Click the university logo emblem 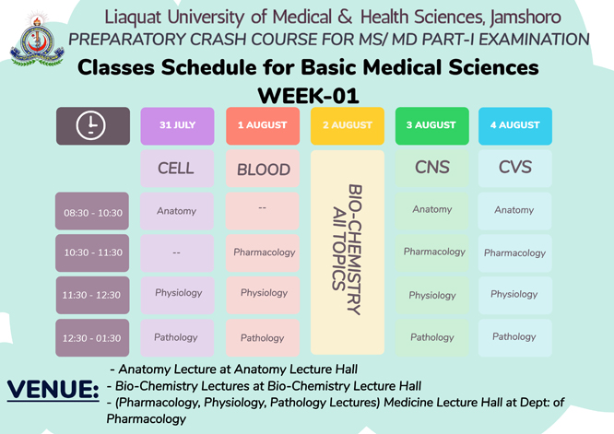pyautogui.click(x=37, y=39)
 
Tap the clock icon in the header pyautogui.click(x=90, y=125)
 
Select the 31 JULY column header pyautogui.click(x=177, y=126)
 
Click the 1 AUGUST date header pyautogui.click(x=263, y=126)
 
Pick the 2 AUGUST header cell pyautogui.click(x=348, y=126)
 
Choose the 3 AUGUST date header pyautogui.click(x=431, y=126)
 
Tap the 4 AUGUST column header pyautogui.click(x=515, y=126)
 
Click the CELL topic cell pyautogui.click(x=177, y=169)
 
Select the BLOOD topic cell pyautogui.click(x=263, y=169)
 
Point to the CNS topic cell pyautogui.click(x=431, y=169)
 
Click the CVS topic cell pyautogui.click(x=515, y=169)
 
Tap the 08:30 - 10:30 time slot pyautogui.click(x=92, y=211)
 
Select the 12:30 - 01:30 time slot pyautogui.click(x=92, y=338)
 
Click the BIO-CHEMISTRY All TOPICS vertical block pyautogui.click(x=348, y=252)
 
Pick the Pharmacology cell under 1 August pyautogui.click(x=263, y=253)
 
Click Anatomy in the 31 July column pyautogui.click(x=177, y=211)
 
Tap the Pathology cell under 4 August pyautogui.click(x=515, y=338)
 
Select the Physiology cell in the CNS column pyautogui.click(x=431, y=296)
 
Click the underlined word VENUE pyautogui.click(x=53, y=390)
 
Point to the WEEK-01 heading pyautogui.click(x=308, y=96)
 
